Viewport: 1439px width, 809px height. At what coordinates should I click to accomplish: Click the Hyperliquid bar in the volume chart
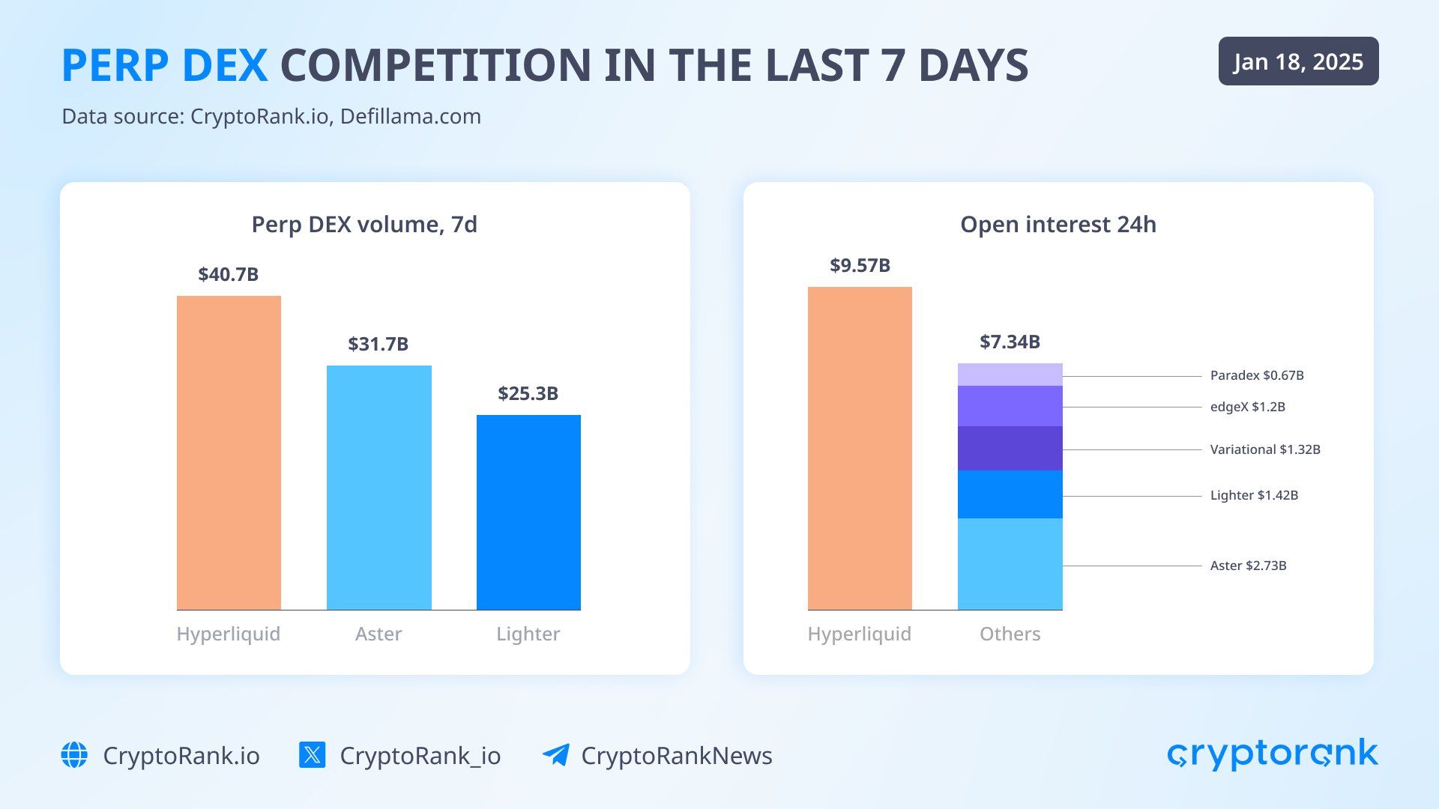(x=229, y=452)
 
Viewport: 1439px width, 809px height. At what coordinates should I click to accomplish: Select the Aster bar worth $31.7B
(x=378, y=487)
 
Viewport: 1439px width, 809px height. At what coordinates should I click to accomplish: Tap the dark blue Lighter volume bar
(x=528, y=512)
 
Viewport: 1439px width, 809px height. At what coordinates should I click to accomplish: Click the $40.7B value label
(x=229, y=274)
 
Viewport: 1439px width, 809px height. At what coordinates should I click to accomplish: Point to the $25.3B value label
(x=528, y=393)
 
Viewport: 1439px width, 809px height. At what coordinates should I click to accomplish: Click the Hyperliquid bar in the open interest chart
(x=860, y=448)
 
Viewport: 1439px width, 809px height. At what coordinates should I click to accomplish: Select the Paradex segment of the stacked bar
(x=1010, y=375)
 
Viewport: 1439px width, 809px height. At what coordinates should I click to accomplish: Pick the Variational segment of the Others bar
(x=1010, y=448)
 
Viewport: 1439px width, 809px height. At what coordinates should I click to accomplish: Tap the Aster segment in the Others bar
(x=1010, y=564)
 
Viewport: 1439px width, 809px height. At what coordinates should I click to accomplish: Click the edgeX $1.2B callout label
(x=1247, y=407)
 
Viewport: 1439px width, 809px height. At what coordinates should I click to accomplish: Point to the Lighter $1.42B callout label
(x=1254, y=495)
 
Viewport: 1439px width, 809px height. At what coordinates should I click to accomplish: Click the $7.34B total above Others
(x=1010, y=342)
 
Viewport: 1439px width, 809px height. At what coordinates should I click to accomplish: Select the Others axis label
(x=1010, y=634)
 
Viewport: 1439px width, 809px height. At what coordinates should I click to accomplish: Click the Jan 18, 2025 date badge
(x=1298, y=61)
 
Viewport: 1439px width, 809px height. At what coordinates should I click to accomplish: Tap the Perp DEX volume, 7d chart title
(x=364, y=224)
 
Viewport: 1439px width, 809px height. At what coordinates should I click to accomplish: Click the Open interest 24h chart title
(x=1058, y=224)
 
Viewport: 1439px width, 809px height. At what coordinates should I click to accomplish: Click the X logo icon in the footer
(x=312, y=755)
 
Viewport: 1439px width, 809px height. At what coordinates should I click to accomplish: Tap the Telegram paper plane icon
(x=555, y=755)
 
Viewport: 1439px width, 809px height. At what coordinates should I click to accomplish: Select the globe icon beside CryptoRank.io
(x=74, y=755)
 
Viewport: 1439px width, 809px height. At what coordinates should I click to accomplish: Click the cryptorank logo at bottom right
(x=1272, y=754)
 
